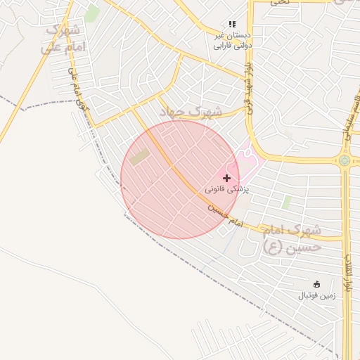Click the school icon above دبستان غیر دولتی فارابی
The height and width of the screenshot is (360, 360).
point(232,25)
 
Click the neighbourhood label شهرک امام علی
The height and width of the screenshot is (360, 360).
point(64,39)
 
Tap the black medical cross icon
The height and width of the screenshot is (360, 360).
point(226,178)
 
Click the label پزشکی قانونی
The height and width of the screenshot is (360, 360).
point(227,189)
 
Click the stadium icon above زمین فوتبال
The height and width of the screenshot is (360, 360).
point(316,284)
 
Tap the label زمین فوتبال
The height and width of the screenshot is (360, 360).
point(317,295)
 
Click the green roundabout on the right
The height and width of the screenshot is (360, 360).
point(344,160)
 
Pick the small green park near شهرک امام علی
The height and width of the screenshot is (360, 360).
point(91,13)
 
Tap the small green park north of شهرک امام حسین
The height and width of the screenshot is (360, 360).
point(286,202)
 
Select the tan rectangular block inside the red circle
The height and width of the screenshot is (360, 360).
point(139,157)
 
